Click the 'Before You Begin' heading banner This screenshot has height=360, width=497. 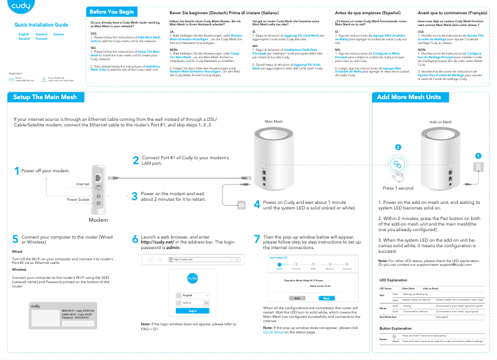click(x=112, y=12)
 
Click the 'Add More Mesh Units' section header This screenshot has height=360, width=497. click(x=408, y=97)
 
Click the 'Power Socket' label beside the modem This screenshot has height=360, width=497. click(x=78, y=200)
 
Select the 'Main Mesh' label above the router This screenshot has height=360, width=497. click(x=273, y=121)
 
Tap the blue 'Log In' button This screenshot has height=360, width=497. click(x=193, y=310)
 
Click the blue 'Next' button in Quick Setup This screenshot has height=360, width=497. click(x=327, y=297)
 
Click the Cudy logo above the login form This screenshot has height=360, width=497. click(x=192, y=277)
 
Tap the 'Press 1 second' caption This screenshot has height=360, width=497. click(x=398, y=188)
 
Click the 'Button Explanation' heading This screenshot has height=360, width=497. click(x=395, y=328)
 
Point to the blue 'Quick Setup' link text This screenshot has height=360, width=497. click(x=276, y=332)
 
